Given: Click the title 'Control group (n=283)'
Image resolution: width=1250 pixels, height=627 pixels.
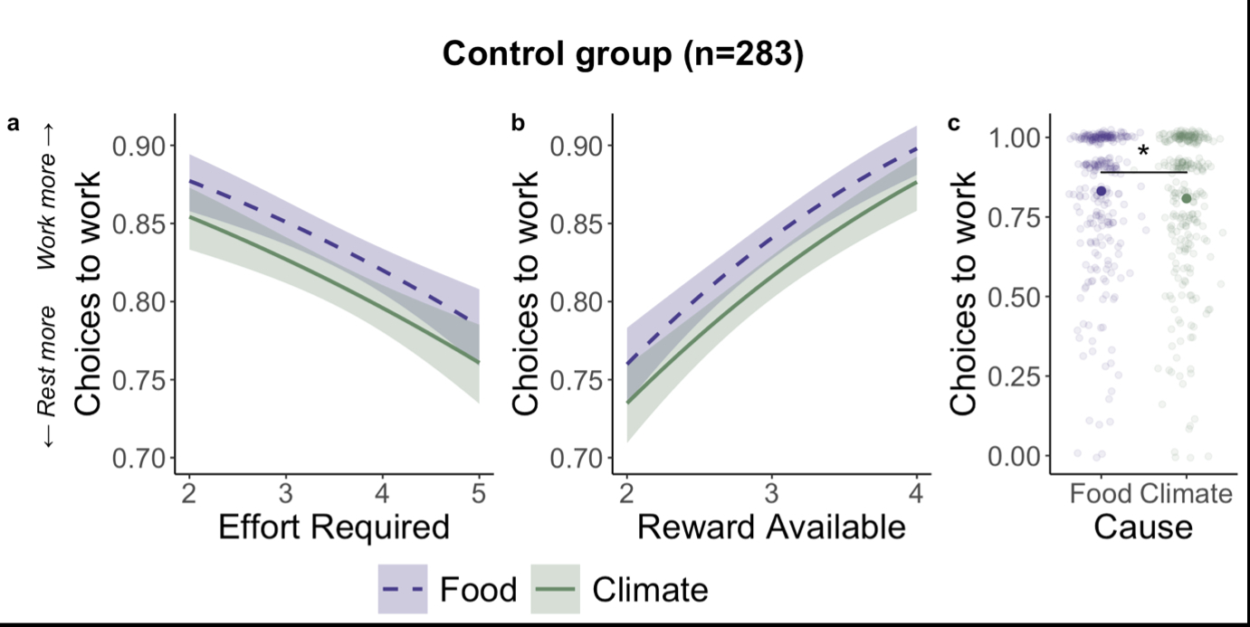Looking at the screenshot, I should (623, 55).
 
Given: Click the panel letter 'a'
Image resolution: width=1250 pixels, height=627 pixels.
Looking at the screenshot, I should (13, 124).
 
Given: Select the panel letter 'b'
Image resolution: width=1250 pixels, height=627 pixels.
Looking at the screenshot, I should (518, 124).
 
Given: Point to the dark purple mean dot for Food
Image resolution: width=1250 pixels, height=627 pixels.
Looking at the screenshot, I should (1102, 191).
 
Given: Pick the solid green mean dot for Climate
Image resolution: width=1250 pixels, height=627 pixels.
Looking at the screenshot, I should (1187, 198).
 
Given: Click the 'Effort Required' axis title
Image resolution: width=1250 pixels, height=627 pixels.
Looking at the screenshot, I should (333, 527).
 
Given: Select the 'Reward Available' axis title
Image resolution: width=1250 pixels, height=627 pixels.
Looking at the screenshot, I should (771, 527).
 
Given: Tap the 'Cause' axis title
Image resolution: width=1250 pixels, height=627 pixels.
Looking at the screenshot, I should (1143, 526).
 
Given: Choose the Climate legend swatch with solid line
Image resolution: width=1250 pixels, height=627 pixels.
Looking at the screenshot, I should (553, 590).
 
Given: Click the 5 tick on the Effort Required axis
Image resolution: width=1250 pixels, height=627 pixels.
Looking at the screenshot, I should (479, 493).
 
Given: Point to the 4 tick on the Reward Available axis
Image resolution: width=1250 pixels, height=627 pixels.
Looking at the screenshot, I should (917, 493).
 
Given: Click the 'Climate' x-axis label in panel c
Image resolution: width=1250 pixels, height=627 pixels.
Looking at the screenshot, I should (1187, 494).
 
